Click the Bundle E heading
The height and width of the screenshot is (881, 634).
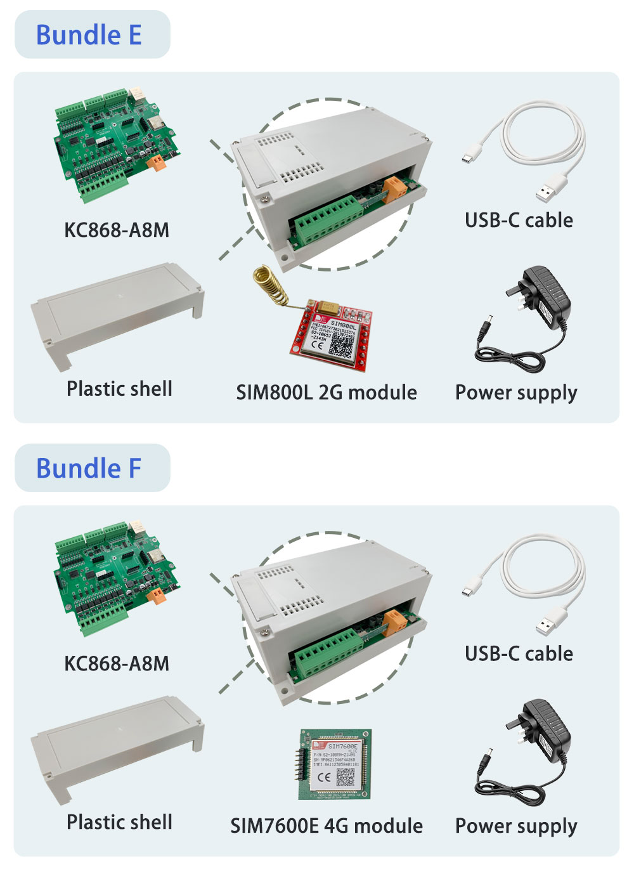point(89,35)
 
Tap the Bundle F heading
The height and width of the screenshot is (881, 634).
point(89,468)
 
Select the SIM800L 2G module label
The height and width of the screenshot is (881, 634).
point(327,392)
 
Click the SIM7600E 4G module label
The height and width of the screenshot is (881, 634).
point(327,826)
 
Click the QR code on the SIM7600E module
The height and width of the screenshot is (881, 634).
point(346,778)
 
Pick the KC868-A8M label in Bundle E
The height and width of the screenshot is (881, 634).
point(117,230)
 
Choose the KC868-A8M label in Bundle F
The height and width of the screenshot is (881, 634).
point(117,663)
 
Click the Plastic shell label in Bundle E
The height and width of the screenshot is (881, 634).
point(119,388)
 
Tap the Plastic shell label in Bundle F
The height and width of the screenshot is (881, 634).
point(119,822)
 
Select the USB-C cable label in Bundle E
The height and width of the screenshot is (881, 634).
point(519,220)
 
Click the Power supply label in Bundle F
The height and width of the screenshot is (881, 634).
point(516,826)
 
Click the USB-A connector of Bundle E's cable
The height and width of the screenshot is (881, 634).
point(550,188)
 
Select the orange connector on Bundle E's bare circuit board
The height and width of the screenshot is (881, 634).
point(156,162)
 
